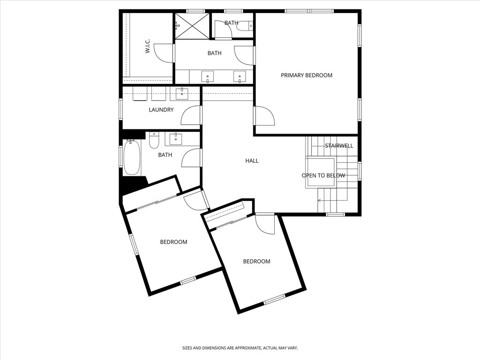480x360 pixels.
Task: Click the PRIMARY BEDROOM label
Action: pyautogui.click(x=307, y=75)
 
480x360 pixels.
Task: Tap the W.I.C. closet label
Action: pyautogui.click(x=148, y=46)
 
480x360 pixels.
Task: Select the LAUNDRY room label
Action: pyautogui.click(x=161, y=110)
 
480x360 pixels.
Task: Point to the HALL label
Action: pyautogui.click(x=252, y=161)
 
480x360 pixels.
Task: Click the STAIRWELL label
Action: pyautogui.click(x=339, y=146)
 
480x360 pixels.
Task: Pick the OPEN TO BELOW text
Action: pyautogui.click(x=323, y=175)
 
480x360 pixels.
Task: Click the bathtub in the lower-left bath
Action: pyautogui.click(x=132, y=157)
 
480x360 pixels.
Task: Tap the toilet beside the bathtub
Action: pyautogui.click(x=154, y=140)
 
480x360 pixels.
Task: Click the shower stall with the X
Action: pyautogui.click(x=193, y=26)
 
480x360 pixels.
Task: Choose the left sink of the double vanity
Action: pyautogui.click(x=208, y=76)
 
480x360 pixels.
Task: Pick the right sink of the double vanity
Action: pyautogui.click(x=240, y=76)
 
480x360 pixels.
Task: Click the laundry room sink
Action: pyautogui.click(x=182, y=93)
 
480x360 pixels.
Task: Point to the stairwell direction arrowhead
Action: pyautogui.click(x=319, y=201)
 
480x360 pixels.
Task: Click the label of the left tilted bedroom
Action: pyautogui.click(x=173, y=242)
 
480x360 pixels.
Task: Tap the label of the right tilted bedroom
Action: pyautogui.click(x=256, y=262)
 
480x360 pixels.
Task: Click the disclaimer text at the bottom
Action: pyautogui.click(x=240, y=348)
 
